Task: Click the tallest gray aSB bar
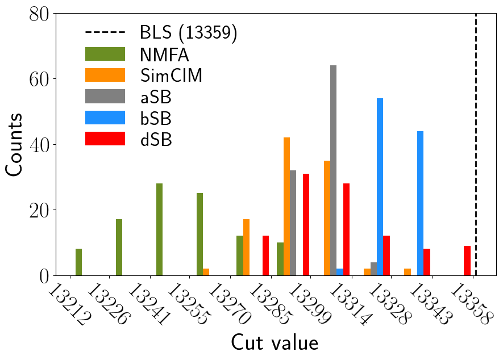pos(333,170)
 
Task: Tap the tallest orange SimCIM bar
pos(287,207)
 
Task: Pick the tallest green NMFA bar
pos(159,229)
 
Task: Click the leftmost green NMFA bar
pos(78,262)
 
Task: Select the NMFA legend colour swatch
pos(105,55)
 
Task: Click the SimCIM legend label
pos(171,75)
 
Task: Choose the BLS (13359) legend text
pos(188,33)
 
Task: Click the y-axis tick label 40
pos(36,144)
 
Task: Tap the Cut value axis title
pos(274,343)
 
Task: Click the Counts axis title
pos(15,144)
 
